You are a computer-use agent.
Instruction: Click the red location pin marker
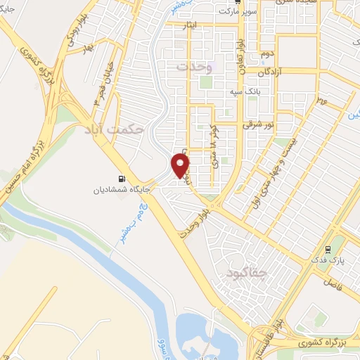pyautogui.click(x=181, y=165)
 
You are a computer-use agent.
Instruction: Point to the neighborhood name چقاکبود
pyautogui.click(x=241, y=270)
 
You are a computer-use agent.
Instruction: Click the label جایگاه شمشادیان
pyautogui.click(x=119, y=190)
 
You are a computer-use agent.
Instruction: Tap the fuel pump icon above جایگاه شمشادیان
pyautogui.click(x=123, y=179)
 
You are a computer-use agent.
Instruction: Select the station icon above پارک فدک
pyautogui.click(x=328, y=250)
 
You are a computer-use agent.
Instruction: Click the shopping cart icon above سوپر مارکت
pyautogui.click(x=239, y=2)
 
